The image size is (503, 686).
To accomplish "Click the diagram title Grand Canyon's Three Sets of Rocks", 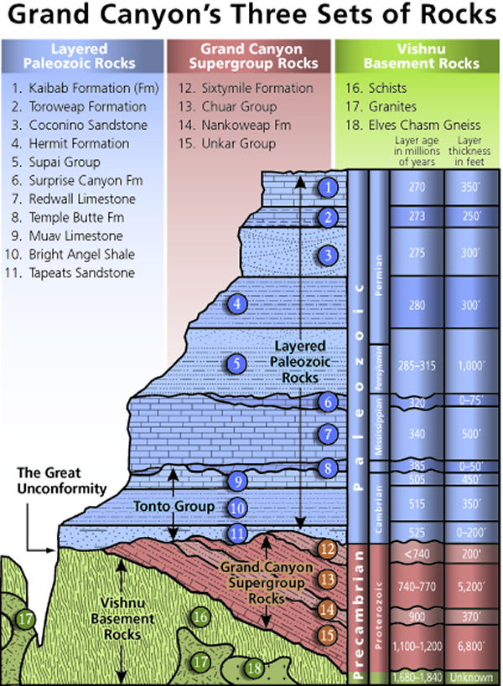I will pyautogui.click(x=251, y=17).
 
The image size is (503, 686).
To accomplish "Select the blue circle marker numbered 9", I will pyautogui.click(x=238, y=481).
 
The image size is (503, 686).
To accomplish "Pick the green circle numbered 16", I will pyautogui.click(x=200, y=617).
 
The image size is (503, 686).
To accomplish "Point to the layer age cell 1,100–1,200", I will pyautogui.click(x=416, y=647).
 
